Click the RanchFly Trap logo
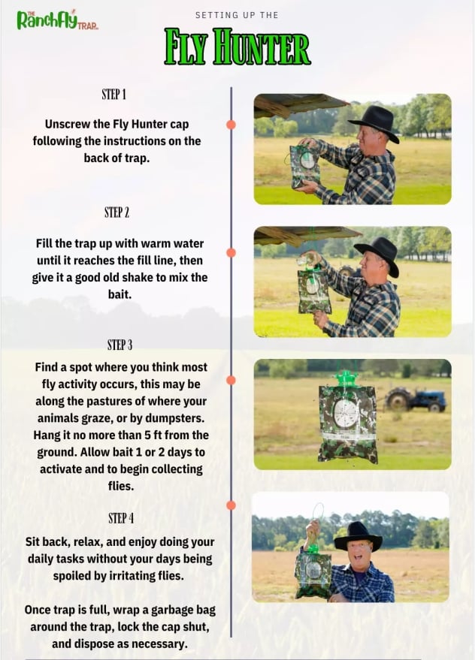pos(57,20)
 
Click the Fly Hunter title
pos(237,47)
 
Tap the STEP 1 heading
pos(113,95)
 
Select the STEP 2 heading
pos(116,212)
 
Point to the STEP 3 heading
pos(120,345)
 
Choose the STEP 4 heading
pos(121,518)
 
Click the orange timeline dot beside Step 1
pos(231,125)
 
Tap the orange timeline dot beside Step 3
pos(231,380)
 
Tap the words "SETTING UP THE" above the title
pos(237,15)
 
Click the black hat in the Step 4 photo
pos(358,535)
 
